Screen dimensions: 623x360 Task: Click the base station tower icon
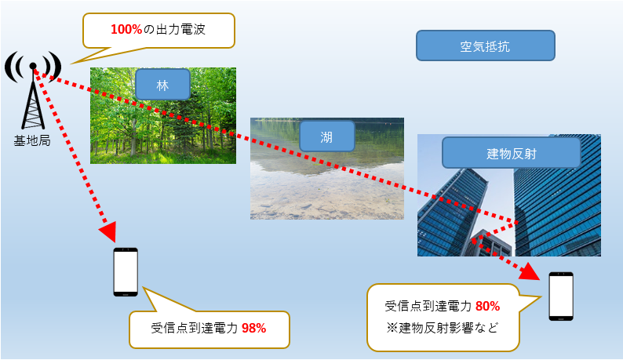click(x=33, y=91)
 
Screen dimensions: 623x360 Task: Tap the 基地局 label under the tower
click(x=32, y=140)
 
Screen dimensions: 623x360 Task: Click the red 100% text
click(x=126, y=29)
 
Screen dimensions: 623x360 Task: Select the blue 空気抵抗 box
click(x=485, y=45)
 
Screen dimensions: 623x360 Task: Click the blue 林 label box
click(x=162, y=84)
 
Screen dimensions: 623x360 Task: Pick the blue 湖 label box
click(x=326, y=136)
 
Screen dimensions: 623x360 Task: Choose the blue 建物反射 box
click(x=511, y=153)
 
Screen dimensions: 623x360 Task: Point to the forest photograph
click(x=163, y=115)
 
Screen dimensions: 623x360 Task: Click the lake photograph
click(x=327, y=169)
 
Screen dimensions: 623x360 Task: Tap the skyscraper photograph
click(x=509, y=195)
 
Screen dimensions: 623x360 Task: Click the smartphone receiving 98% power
click(x=126, y=272)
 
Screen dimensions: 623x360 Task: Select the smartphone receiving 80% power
click(x=561, y=296)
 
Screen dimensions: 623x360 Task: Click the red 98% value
click(x=254, y=328)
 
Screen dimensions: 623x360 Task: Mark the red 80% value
click(x=487, y=307)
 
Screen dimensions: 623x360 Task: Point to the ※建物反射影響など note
click(x=442, y=328)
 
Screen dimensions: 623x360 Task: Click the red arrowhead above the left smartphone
click(x=107, y=231)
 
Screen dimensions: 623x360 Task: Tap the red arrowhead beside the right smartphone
click(x=530, y=271)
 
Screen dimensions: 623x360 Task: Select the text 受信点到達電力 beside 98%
click(x=195, y=328)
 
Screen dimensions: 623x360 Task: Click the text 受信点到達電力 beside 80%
click(x=428, y=307)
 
